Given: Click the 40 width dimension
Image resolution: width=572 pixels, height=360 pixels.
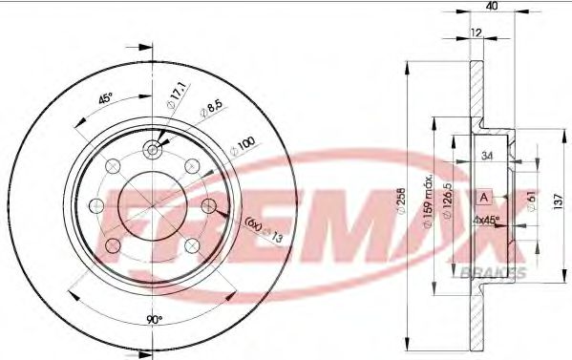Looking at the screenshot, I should (x=492, y=7).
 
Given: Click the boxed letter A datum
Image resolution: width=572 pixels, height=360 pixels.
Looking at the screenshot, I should (x=483, y=197).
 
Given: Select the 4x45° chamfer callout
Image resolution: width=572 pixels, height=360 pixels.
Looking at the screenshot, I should (x=487, y=218).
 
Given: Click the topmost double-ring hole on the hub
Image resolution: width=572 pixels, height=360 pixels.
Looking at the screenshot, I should (x=153, y=150).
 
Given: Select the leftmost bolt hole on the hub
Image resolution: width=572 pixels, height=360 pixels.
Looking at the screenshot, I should (x=95, y=204).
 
